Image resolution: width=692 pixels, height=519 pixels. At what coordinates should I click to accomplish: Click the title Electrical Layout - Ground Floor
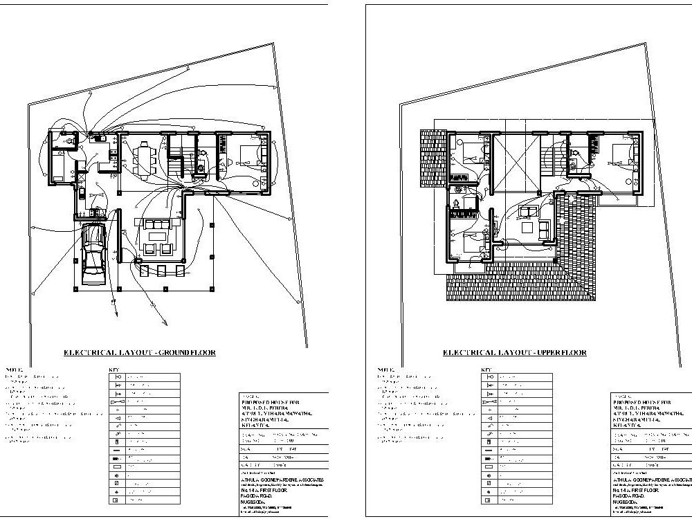coord(139,352)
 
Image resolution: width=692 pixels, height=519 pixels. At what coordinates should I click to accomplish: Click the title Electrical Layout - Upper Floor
coord(514,352)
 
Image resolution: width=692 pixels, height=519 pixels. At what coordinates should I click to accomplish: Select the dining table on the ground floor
coord(144,160)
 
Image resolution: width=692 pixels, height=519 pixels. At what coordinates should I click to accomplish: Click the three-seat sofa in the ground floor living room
coord(155,224)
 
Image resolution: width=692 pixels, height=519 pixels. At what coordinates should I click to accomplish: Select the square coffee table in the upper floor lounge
coord(528,228)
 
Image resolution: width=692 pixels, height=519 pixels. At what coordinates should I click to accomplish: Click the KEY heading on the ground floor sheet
coord(114,370)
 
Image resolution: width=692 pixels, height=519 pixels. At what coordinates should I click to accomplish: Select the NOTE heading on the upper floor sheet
coord(385,370)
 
